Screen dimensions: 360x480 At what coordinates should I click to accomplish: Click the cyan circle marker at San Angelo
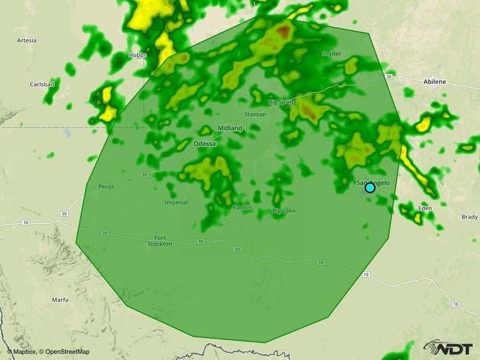pos(370,188)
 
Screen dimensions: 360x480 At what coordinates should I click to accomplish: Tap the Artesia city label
pos(26,40)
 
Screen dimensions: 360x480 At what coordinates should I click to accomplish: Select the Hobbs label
pos(138,55)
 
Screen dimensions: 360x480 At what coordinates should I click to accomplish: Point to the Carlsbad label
pos(41,84)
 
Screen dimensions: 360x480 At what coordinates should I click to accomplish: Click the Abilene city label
pos(435,82)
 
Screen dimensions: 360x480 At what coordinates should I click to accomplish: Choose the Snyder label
pos(331,53)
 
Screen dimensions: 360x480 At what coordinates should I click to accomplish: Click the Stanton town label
pos(255,114)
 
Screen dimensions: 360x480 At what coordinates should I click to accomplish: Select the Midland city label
pos(230,129)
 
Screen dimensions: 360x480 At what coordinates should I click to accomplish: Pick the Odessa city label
pos(204,144)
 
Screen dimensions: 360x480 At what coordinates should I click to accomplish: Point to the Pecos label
pos(105,186)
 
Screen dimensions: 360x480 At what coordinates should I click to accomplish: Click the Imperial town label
pos(176,203)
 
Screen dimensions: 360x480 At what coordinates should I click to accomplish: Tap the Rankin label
pos(242,208)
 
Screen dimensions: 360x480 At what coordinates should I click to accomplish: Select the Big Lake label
pos(284,211)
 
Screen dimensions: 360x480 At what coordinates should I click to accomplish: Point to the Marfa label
pos(60,300)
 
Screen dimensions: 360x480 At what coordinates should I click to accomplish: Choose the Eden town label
pos(425,209)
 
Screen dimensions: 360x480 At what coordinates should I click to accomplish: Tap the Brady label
pos(469,217)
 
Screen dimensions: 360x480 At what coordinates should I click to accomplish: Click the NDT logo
pos(449,347)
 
